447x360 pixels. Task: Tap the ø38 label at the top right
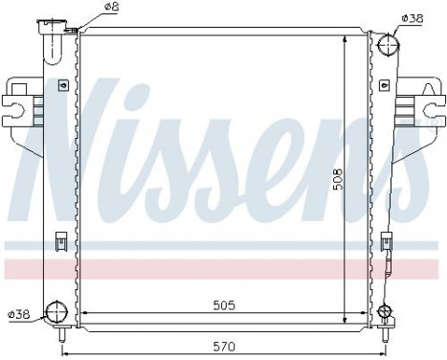[x=413, y=17]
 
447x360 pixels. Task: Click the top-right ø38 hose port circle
[x=388, y=44]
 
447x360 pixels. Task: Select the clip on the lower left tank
[x=61, y=241]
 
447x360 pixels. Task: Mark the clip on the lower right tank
[x=386, y=241]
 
